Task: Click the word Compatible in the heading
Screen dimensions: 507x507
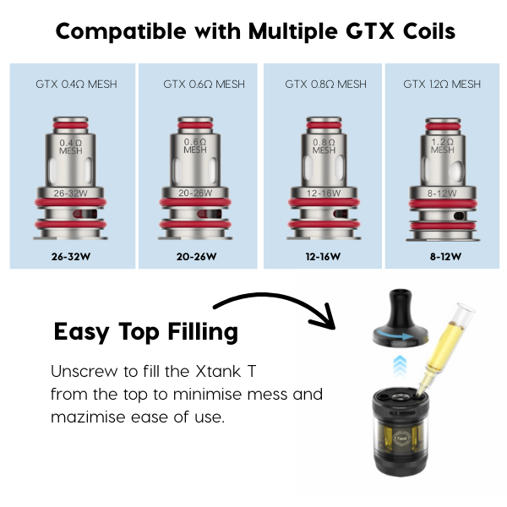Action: tap(121, 32)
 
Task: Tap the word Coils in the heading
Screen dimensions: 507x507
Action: tap(429, 31)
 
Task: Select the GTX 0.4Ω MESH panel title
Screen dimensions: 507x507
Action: tap(76, 84)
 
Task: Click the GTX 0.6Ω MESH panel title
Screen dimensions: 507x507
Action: tap(204, 84)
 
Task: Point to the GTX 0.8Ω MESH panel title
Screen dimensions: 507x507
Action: tap(325, 84)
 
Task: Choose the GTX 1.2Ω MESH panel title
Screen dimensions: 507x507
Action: tap(442, 84)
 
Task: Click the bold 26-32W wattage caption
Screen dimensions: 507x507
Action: tap(71, 257)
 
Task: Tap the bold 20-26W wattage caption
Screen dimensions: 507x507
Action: tap(196, 257)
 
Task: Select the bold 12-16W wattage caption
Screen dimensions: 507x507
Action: tap(323, 257)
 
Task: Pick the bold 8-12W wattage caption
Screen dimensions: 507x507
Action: tap(445, 257)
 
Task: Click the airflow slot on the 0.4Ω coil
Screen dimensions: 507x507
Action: tap(84, 214)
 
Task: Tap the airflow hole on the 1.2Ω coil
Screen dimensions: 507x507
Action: tap(459, 215)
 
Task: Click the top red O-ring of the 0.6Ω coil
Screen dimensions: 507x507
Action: tap(195, 126)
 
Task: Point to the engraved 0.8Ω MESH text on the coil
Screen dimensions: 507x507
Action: tap(324, 146)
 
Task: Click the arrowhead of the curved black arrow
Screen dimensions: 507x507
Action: tap(325, 319)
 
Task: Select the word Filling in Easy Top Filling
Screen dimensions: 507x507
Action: tap(203, 332)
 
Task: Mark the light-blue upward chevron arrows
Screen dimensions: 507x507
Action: tap(400, 365)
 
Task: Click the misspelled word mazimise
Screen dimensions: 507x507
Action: tap(88, 417)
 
